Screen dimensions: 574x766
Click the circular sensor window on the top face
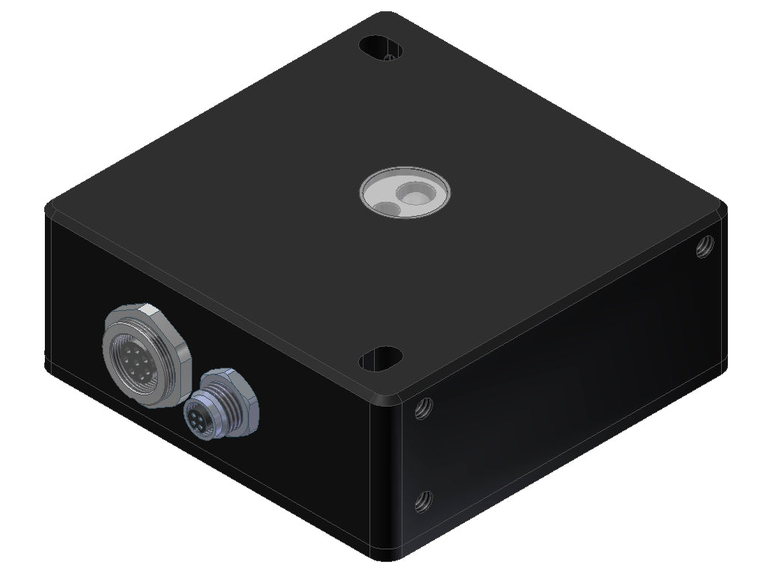pos(405,194)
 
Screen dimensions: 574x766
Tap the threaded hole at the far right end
pos(703,246)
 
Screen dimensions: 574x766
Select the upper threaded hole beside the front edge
pos(423,407)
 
